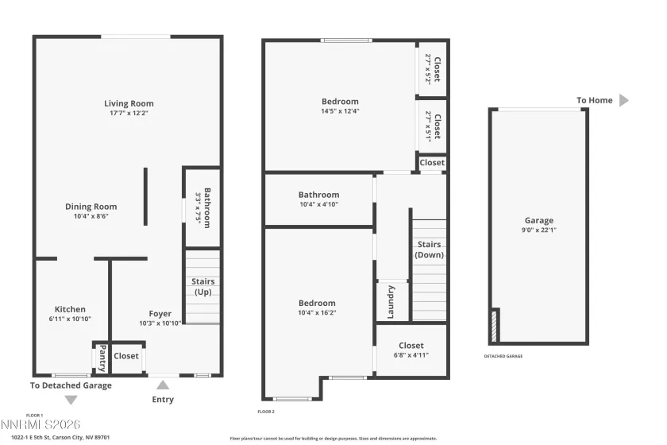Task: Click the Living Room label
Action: coord(129,103)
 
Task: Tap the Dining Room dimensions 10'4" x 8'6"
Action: coord(91,216)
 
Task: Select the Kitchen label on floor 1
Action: coord(70,309)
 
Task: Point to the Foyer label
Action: coord(160,314)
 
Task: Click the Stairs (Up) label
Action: coord(202,287)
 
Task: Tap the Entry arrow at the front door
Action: coord(163,385)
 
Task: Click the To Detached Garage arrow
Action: coord(71,400)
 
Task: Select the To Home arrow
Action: coord(623,100)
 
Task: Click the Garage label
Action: coord(538,221)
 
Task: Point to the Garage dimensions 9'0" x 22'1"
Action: coord(538,231)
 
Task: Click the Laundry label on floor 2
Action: coord(391,302)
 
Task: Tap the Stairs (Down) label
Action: coord(430,250)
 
